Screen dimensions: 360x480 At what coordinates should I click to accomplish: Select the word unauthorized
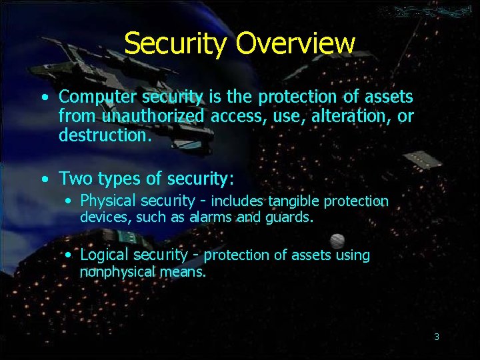pos(154,117)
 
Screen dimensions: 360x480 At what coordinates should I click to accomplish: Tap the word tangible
pos(293,201)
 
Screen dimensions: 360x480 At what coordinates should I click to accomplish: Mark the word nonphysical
pos(117,271)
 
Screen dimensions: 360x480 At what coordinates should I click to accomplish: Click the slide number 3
pos(437,337)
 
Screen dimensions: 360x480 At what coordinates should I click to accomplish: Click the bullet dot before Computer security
pos(43,98)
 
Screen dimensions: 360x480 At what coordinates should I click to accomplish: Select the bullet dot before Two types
pos(43,179)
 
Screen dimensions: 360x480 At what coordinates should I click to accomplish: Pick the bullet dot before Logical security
pos(69,255)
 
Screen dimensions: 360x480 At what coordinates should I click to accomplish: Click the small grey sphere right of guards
pos(337,241)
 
